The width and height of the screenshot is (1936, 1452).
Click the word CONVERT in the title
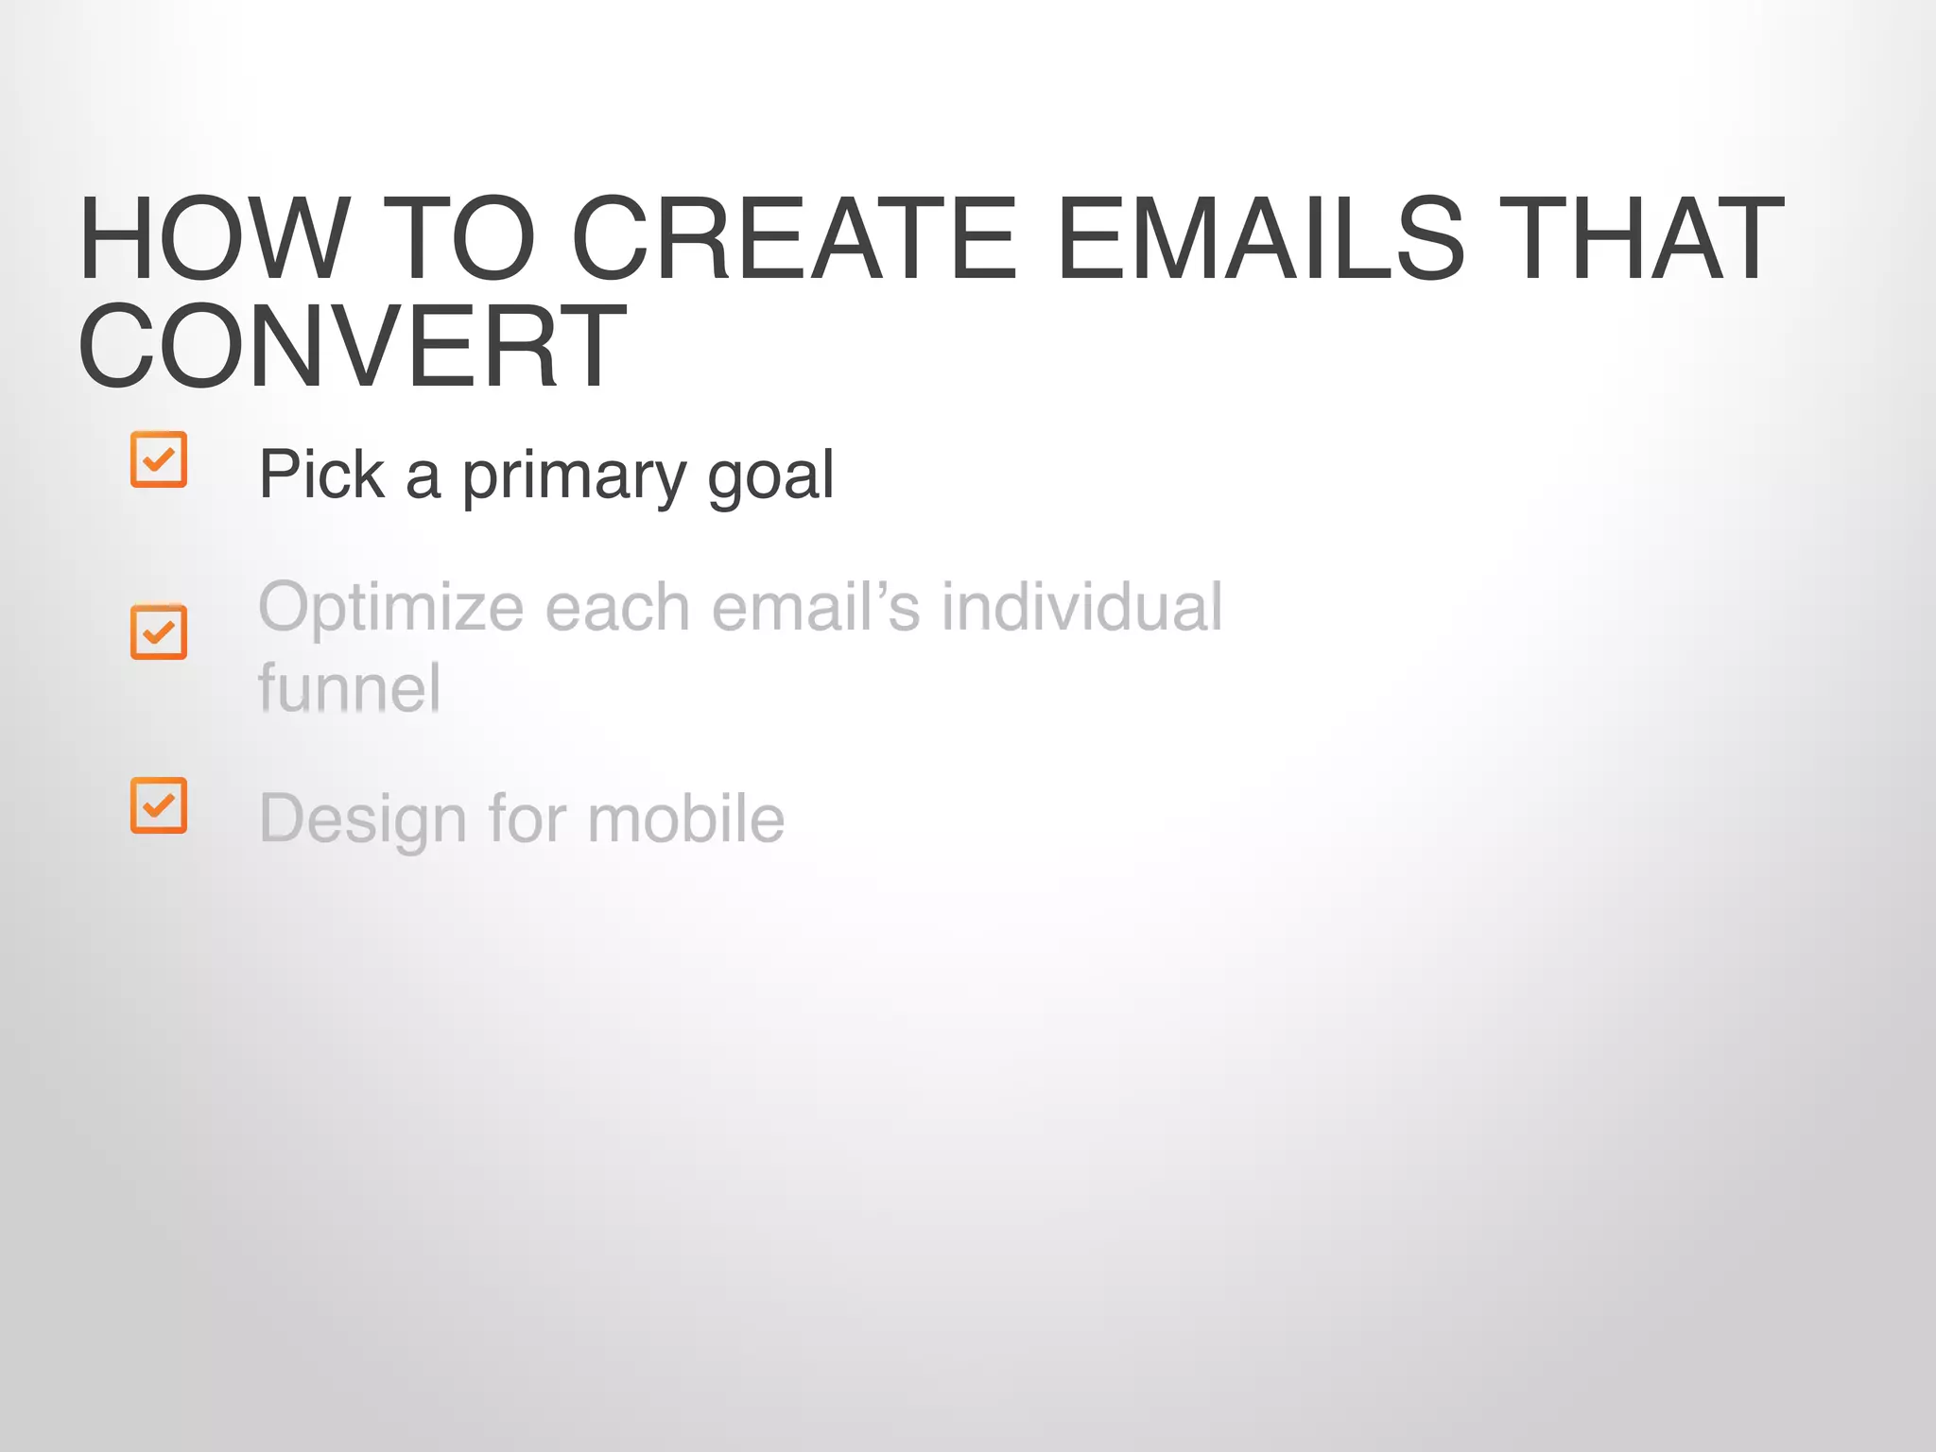click(352, 346)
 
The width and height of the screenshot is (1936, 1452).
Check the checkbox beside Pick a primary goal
click(159, 459)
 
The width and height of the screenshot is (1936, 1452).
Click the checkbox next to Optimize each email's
click(159, 631)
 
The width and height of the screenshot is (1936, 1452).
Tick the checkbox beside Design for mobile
click(159, 805)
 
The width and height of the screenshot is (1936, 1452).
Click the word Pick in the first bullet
click(321, 475)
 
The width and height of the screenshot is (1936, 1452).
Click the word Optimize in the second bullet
click(390, 608)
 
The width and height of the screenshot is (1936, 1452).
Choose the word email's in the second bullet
click(815, 608)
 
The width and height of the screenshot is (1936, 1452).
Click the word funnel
click(349, 688)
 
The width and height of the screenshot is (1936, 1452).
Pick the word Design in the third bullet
click(362, 820)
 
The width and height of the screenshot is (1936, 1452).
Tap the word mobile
click(685, 819)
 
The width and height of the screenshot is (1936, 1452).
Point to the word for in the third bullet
click(526, 819)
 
